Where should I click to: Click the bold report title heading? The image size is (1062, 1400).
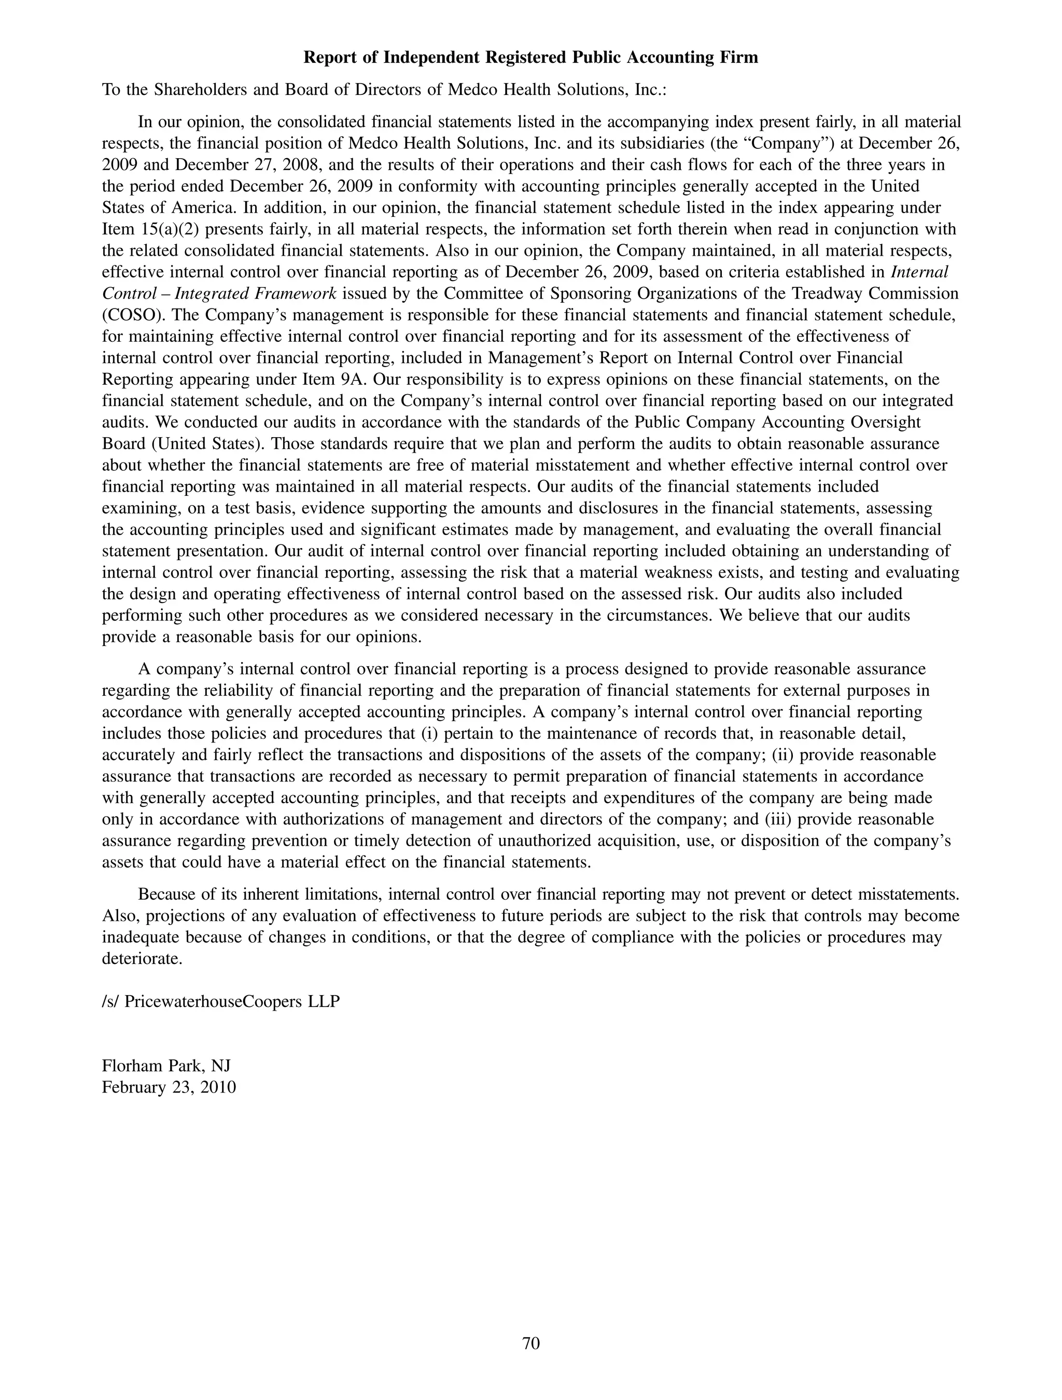(530, 58)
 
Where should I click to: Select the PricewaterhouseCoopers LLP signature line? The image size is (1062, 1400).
(221, 1002)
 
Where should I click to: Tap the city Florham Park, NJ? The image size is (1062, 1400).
(166, 1066)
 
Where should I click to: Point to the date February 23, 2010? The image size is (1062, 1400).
(169, 1087)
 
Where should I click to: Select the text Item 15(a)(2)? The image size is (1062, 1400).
(150, 229)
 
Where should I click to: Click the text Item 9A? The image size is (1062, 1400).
(347, 380)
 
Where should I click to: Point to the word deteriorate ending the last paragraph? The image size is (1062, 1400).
(142, 959)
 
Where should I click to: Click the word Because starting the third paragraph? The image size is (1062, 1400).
(166, 895)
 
